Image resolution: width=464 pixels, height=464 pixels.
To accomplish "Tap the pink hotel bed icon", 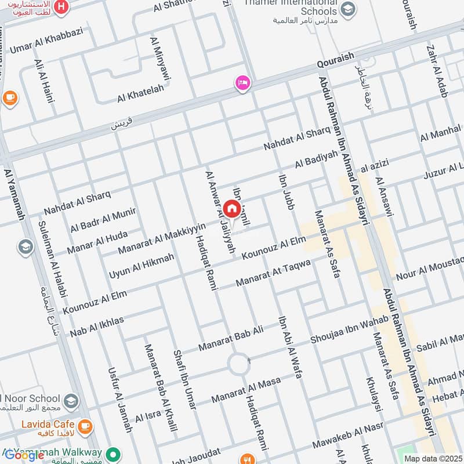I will pos(242,83).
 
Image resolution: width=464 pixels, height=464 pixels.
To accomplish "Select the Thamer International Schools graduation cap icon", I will pos(348,9).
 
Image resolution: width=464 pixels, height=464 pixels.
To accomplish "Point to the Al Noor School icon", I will pos(71,400).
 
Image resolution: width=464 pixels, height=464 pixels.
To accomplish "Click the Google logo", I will pos(24,455).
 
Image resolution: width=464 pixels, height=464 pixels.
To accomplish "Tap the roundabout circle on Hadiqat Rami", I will pos(238,365).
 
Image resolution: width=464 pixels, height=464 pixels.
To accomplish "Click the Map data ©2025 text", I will pos(433,459).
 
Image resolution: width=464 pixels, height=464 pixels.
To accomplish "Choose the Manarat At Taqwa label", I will pos(273,273).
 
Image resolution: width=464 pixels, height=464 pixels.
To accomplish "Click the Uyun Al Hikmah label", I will pos(142,264).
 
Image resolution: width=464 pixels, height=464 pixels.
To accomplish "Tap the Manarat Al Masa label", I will pos(246,390).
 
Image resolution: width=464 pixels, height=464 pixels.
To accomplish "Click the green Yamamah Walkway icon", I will pos(115,454).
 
